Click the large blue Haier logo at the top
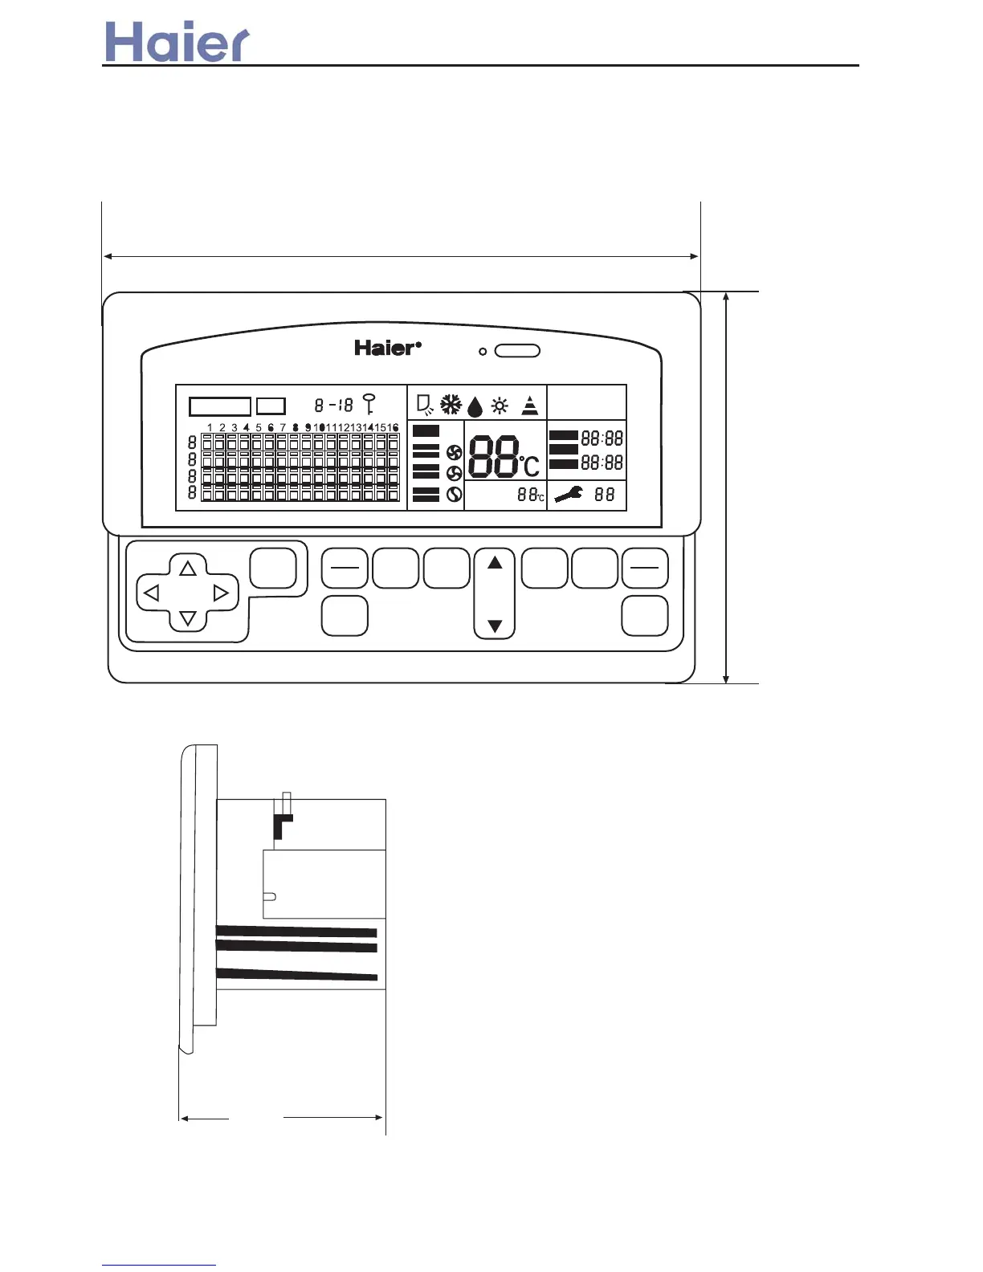tap(177, 43)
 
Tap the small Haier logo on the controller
tap(387, 349)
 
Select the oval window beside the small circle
tap(517, 351)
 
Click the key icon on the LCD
tap(369, 403)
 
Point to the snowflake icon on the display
tap(451, 405)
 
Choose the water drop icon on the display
tap(475, 407)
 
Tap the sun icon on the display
tap(500, 406)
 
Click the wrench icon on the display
tap(569, 495)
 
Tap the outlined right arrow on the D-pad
tap(221, 593)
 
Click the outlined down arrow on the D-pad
tap(188, 618)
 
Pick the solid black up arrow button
tap(495, 563)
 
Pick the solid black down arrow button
tap(495, 626)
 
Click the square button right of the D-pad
tap(273, 569)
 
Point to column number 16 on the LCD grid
tap(393, 428)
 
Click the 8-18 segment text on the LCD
tap(333, 406)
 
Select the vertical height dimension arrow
tap(726, 487)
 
